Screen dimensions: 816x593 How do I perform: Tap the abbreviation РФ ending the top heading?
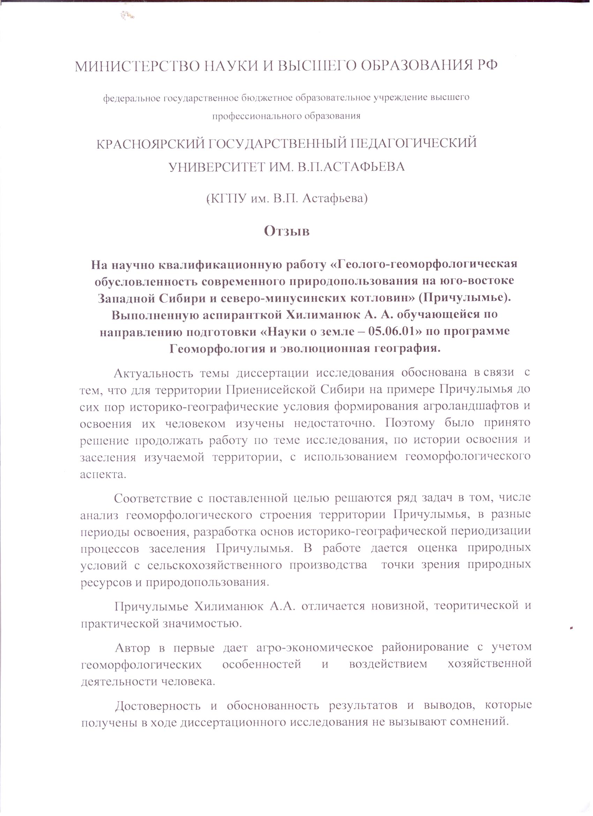click(487, 65)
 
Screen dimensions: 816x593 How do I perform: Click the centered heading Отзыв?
click(287, 231)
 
